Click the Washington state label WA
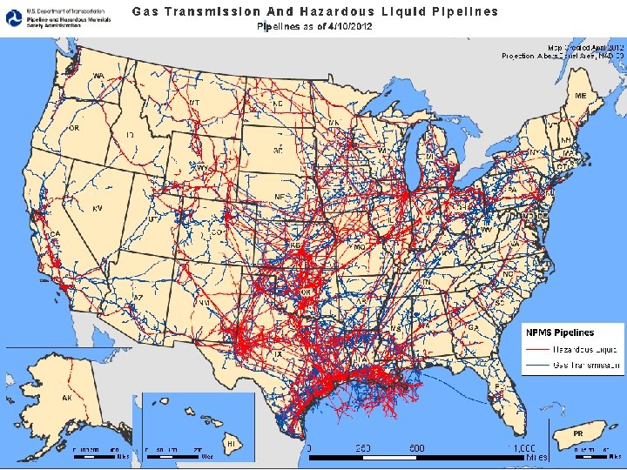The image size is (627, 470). coord(99,77)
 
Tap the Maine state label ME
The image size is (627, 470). coord(579,96)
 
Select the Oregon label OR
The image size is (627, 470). coord(74,128)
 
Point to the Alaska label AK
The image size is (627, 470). coord(66,398)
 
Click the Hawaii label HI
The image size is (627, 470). coord(232,444)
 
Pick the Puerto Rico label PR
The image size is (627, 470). coord(577,433)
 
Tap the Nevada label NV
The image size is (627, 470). coord(98,209)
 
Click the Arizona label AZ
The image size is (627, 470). coord(138,298)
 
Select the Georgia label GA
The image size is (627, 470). coord(473,327)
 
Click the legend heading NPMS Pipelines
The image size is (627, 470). coord(559,332)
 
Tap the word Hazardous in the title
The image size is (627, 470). coord(334,11)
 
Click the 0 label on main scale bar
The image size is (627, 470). coord(310,447)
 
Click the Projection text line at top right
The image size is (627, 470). coord(562,55)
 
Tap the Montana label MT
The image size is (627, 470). coord(193,103)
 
